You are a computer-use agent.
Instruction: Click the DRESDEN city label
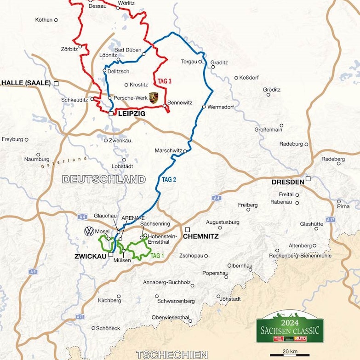point(288,182)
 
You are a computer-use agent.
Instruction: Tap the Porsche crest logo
point(154,97)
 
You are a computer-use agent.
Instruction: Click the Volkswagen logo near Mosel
point(89,231)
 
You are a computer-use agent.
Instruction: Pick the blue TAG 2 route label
point(169,179)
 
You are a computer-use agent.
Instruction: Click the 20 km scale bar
point(289,354)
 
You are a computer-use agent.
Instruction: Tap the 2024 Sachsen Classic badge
point(290,327)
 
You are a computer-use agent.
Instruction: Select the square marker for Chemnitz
point(187,229)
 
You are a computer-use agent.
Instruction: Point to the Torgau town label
point(189,61)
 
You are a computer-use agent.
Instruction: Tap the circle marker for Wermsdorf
point(204,107)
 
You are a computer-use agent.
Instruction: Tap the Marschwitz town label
point(168,150)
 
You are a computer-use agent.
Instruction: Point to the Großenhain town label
point(269,130)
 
